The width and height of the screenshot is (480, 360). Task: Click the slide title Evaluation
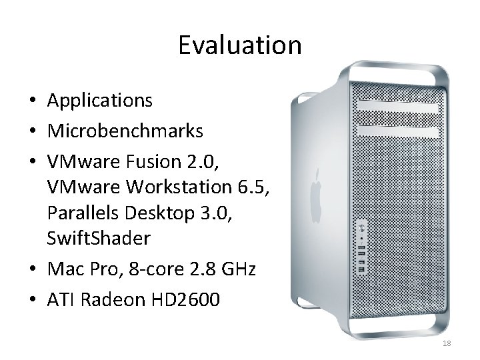pos(240,45)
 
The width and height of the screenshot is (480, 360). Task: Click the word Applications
pos(100,101)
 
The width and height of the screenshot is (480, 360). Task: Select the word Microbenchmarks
pos(125,131)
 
